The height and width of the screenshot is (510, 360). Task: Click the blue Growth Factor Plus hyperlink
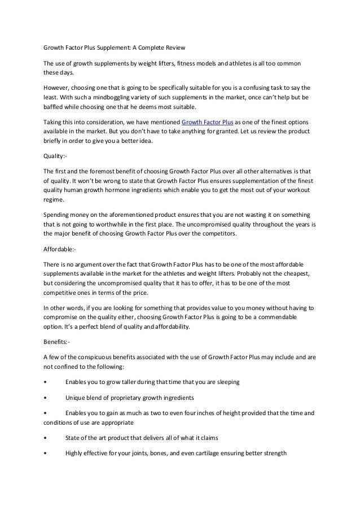(208, 123)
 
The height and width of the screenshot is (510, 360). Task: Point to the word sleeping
(226, 381)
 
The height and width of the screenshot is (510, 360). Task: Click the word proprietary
(131, 396)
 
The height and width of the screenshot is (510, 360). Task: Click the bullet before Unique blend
(45, 396)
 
